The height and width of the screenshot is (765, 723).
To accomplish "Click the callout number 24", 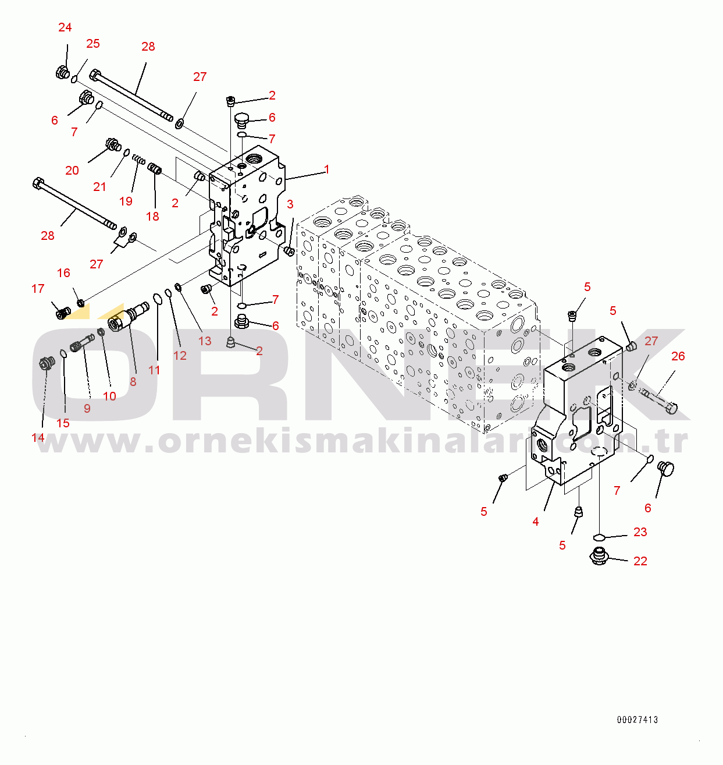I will click(65, 27).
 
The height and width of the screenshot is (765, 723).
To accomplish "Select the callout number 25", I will click(93, 44).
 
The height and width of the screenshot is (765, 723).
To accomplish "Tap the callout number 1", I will click(327, 169).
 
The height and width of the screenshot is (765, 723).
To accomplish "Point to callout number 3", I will click(290, 204).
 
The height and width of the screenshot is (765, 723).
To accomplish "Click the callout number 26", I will click(678, 356).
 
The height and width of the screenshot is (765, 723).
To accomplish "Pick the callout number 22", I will click(640, 561).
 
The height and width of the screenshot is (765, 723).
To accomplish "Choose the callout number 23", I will click(640, 532).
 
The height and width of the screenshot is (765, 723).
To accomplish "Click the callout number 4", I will click(536, 522).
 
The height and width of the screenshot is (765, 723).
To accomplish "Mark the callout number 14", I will click(38, 438).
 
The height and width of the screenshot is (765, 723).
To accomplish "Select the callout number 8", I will click(133, 382).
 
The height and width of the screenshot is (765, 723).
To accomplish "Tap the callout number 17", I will click(38, 289).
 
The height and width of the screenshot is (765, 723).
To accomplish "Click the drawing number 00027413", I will click(637, 720).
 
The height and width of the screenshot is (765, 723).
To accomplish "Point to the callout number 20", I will click(72, 171).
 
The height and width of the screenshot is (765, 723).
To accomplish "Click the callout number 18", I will click(152, 217).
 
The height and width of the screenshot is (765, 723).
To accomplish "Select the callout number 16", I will click(63, 273).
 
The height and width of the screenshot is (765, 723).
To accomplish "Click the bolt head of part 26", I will click(671, 407).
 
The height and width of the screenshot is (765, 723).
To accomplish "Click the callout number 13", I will click(205, 341).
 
